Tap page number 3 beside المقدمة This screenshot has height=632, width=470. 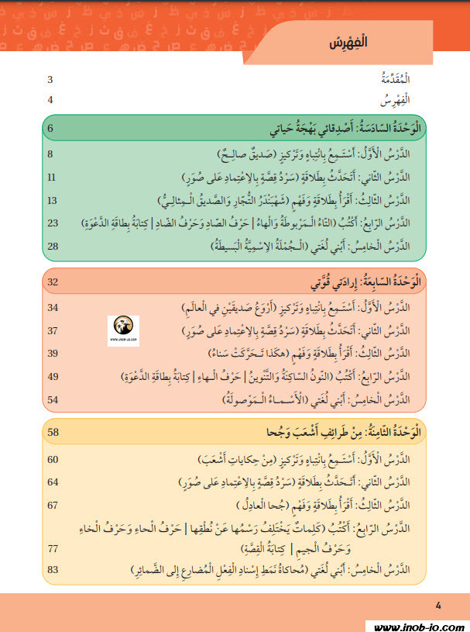[50, 80]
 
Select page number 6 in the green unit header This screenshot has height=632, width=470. [51, 127]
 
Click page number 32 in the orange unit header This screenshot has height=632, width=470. [53, 281]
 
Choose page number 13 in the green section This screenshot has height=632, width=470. [53, 201]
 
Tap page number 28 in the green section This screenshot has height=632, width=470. [53, 247]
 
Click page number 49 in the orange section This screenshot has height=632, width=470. [53, 377]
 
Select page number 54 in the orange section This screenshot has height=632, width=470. [53, 400]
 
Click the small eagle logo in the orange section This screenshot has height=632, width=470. [124, 328]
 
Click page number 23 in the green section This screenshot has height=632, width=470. [53, 223]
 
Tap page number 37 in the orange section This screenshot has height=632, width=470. [53, 331]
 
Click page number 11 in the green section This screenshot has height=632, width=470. [51, 178]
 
